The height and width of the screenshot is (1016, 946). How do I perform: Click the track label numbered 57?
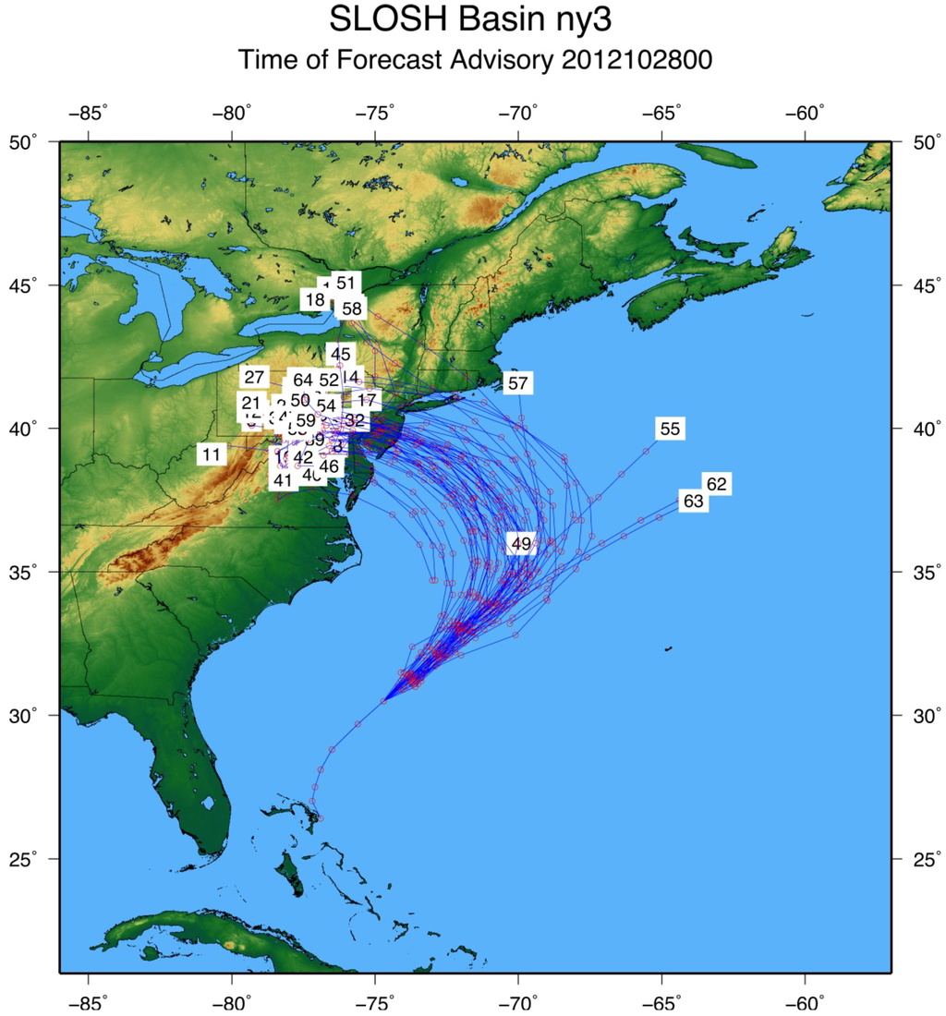[517, 382]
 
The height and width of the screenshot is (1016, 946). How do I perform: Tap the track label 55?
[670, 429]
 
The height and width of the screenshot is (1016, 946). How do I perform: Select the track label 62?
[716, 483]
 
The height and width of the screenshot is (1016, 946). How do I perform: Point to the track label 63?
[693, 502]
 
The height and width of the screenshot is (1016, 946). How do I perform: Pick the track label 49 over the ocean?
[521, 544]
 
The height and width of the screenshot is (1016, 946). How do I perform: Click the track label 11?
[212, 454]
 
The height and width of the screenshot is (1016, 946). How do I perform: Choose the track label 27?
[254, 377]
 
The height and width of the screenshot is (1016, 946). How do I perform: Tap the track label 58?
[351, 308]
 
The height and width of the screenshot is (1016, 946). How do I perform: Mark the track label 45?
[340, 354]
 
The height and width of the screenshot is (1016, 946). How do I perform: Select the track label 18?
[315, 299]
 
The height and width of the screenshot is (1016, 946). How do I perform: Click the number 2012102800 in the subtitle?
[637, 61]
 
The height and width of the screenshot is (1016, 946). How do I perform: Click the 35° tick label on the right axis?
[919, 573]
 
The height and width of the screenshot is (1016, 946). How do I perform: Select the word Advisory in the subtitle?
[502, 61]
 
